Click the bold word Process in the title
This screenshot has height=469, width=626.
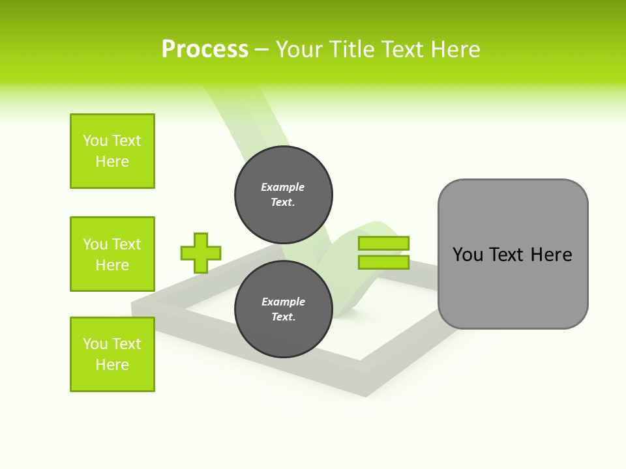pyautogui.click(x=205, y=50)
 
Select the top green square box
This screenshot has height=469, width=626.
pyautogui.click(x=112, y=151)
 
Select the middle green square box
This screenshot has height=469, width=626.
pyautogui.click(x=112, y=254)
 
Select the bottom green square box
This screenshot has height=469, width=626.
pyautogui.click(x=112, y=354)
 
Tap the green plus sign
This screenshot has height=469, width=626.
pyautogui.click(x=201, y=253)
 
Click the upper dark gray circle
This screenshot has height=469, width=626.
pyautogui.click(x=283, y=194)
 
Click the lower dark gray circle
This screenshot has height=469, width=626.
pyautogui.click(x=283, y=309)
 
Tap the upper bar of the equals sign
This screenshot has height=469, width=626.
pyautogui.click(x=383, y=244)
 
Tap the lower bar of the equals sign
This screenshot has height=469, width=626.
pyautogui.click(x=383, y=263)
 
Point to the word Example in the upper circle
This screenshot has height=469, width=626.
pyautogui.click(x=283, y=187)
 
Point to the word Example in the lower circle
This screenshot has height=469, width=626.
pyautogui.click(x=283, y=302)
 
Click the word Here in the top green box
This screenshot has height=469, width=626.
pyautogui.click(x=112, y=162)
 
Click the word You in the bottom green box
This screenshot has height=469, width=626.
pyautogui.click(x=95, y=344)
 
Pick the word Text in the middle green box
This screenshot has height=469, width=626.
pyautogui.click(x=127, y=244)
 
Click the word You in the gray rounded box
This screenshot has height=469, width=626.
pyautogui.click(x=468, y=255)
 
